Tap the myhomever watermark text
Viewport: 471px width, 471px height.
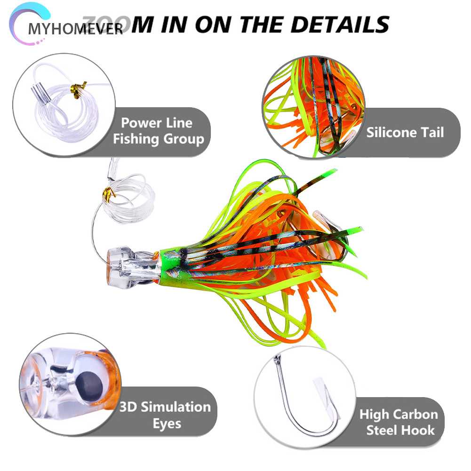(x=75, y=29)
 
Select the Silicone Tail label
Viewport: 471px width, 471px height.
(x=405, y=132)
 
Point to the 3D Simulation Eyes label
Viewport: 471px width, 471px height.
(x=164, y=414)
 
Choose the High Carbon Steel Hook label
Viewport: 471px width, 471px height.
(x=399, y=422)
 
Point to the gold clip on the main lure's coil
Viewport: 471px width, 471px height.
(x=110, y=193)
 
